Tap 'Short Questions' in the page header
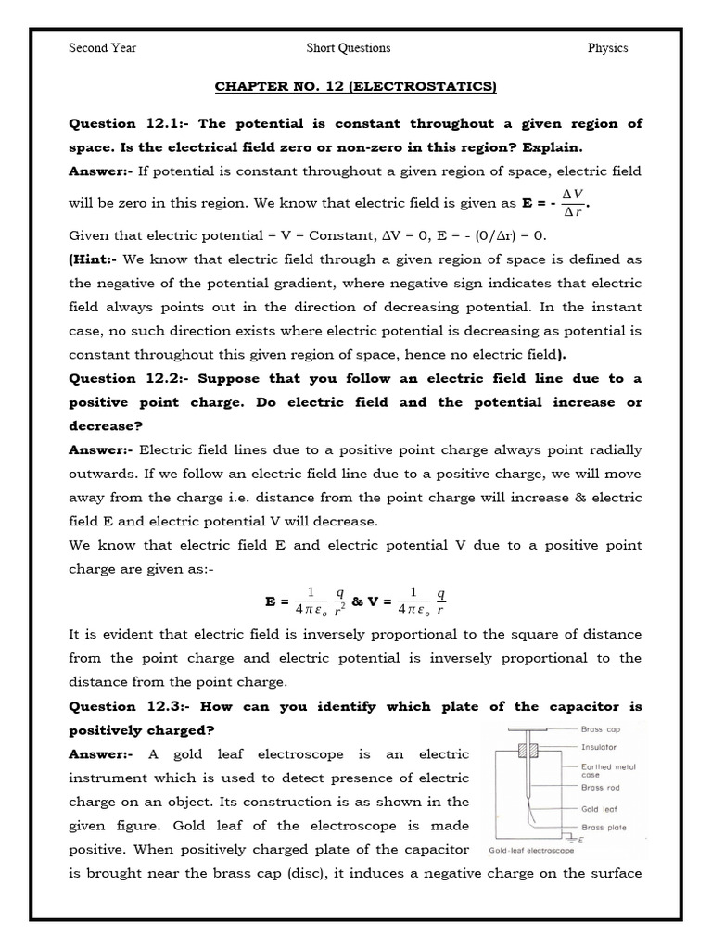(349, 48)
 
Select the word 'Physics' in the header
(607, 48)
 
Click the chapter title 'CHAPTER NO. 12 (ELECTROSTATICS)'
(356, 87)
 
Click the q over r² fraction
(339, 601)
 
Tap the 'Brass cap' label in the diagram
(600, 730)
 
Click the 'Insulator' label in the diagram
(599, 746)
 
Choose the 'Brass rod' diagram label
(599, 788)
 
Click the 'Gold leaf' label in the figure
(598, 809)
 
